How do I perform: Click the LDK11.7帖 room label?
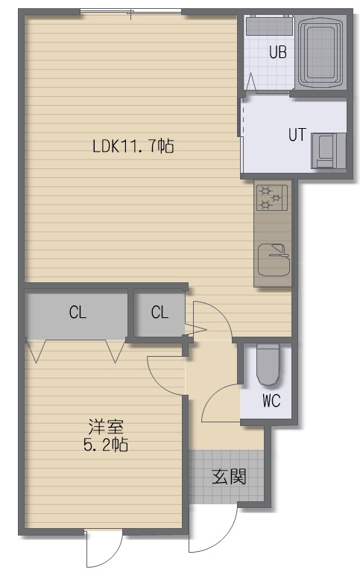133,146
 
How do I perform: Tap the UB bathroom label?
278,52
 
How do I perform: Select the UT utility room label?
297,135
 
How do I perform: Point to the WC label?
271,400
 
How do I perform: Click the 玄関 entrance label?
229,477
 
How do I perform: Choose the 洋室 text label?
106,427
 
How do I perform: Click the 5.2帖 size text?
106,445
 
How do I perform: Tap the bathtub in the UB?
320,51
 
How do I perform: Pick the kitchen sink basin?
274,259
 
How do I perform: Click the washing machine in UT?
328,151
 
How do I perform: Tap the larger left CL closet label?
78,312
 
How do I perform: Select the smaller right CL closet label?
160,312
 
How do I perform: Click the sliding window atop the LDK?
131,13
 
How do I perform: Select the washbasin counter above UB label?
269,25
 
